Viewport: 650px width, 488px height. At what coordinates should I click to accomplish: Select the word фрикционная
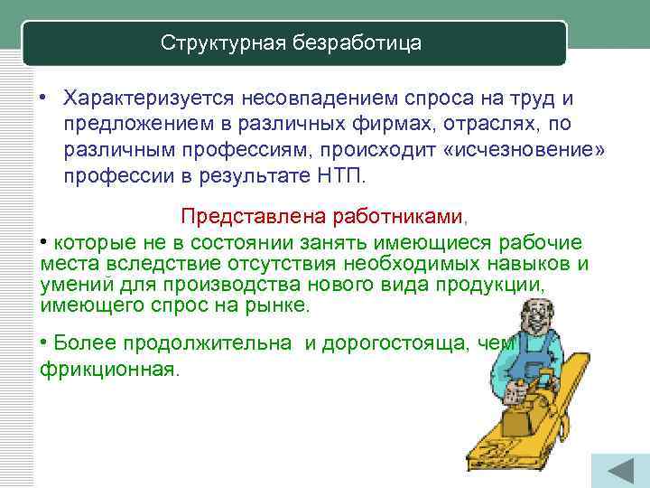click(110, 370)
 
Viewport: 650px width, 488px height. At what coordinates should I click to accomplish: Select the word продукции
click(497, 285)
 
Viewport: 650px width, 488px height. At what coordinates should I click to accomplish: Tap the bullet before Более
click(44, 343)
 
